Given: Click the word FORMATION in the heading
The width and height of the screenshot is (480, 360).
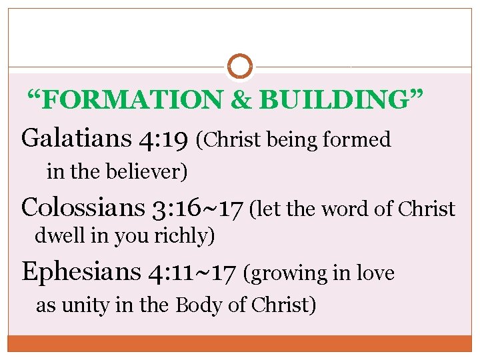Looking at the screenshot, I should pyautogui.click(x=133, y=100).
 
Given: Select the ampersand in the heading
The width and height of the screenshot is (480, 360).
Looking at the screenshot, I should pyautogui.click(x=241, y=100).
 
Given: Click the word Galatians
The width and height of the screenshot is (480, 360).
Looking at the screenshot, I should pyautogui.click(x=76, y=139).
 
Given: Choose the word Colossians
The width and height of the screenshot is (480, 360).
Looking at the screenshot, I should pyautogui.click(x=83, y=208).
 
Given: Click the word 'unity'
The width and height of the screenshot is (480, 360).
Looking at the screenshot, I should pyautogui.click(x=83, y=306).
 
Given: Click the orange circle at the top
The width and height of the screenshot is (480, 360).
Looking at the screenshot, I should pyautogui.click(x=240, y=66).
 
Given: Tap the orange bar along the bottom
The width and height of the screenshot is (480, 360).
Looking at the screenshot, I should pyautogui.click(x=240, y=343).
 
